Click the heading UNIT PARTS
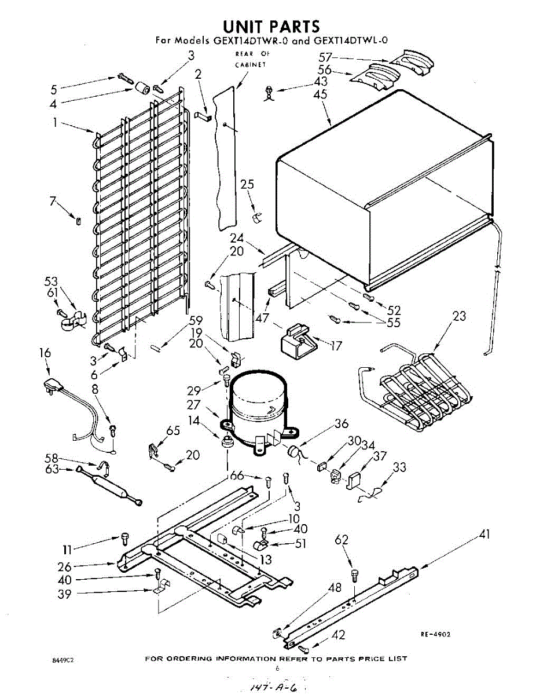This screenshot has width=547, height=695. (x=271, y=26)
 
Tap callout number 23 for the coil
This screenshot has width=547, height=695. (x=460, y=316)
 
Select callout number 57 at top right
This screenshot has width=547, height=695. (x=326, y=57)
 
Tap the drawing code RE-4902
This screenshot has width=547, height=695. (x=435, y=634)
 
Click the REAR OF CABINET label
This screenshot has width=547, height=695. (x=249, y=59)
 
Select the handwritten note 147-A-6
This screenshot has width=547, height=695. (x=271, y=687)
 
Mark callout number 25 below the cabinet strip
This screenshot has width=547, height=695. (x=247, y=185)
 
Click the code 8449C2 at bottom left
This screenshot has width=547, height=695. (x=63, y=660)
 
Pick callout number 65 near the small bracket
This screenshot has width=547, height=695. (x=172, y=430)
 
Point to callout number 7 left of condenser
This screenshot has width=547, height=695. (x=53, y=201)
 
